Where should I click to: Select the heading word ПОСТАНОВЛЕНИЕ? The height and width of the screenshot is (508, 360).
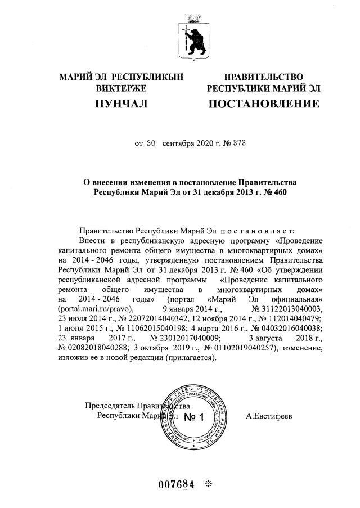(264, 104)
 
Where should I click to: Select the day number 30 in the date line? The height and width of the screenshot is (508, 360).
(150, 143)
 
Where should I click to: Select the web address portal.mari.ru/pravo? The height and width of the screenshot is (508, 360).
(94, 308)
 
